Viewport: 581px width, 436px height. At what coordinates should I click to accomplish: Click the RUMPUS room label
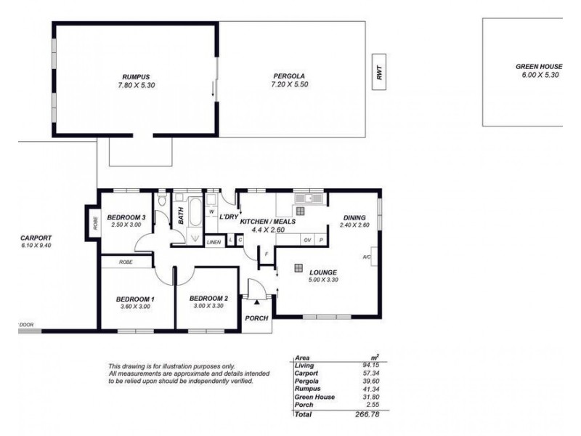[135, 76]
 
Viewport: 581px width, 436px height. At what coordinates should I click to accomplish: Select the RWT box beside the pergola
[378, 72]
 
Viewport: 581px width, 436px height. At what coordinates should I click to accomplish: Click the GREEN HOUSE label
[539, 66]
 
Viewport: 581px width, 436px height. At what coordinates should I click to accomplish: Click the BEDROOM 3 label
[126, 217]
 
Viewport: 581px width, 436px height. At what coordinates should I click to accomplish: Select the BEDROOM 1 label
[136, 299]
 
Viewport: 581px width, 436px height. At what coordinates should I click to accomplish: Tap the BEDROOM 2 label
[208, 299]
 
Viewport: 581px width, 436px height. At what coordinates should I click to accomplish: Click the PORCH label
[257, 318]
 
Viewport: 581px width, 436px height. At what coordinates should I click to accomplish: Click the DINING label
[354, 217]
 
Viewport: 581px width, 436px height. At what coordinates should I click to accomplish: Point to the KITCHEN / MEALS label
[268, 220]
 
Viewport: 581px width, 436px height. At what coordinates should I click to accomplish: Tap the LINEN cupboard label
[214, 241]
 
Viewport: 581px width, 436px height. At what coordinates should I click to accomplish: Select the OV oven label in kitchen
[306, 240]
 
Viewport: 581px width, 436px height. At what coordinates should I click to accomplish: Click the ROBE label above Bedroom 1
[126, 261]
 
